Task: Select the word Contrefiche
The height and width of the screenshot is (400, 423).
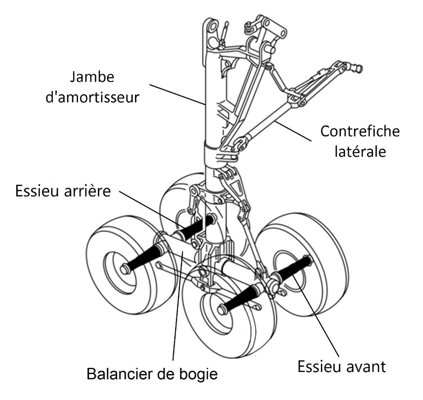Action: coord(360,131)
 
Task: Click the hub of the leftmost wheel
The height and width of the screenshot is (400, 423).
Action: coord(124,269)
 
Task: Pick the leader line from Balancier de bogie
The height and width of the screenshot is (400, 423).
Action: coord(178,307)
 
